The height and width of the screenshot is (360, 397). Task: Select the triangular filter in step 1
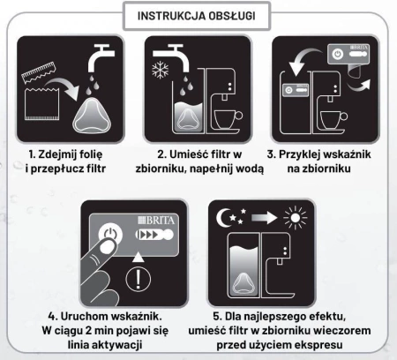pyautogui.click(x=92, y=112)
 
